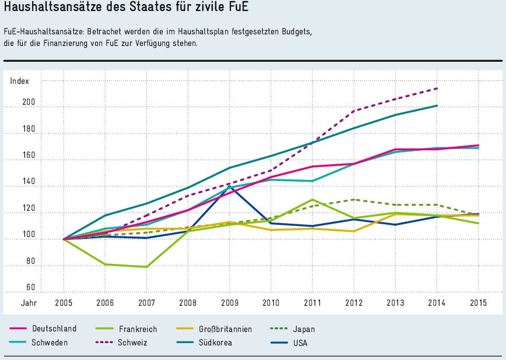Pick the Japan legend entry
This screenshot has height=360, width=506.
coord(305,329)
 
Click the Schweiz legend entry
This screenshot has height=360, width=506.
coord(131,343)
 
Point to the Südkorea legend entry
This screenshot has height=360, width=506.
coord(216,343)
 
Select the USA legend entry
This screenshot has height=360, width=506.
coord(301,343)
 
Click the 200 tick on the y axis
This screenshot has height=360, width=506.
coord(29,103)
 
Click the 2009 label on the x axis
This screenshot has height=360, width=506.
coord(229,303)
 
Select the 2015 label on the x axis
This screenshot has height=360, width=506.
coord(478,303)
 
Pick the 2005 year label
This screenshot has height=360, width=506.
coord(64,303)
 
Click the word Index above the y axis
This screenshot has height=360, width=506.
coord(19,82)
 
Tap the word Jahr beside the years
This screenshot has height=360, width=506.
coord(29,303)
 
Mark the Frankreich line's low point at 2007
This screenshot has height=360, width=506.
coord(146,267)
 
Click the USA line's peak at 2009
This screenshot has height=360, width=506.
coord(230,186)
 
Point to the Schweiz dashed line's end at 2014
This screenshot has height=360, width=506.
coord(437,89)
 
